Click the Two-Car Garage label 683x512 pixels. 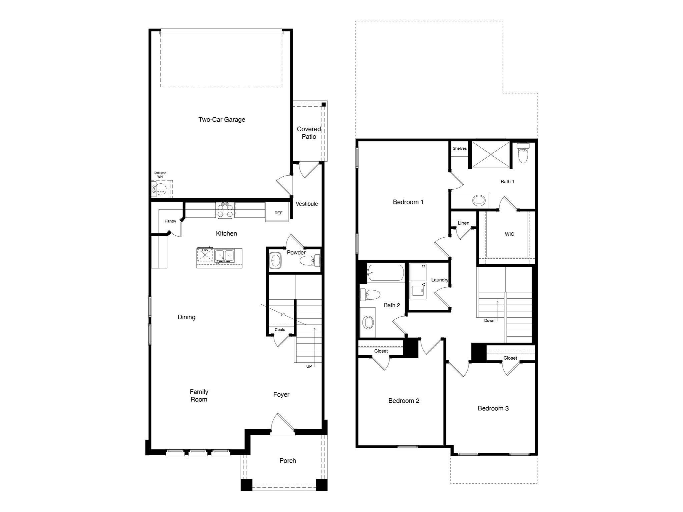click(222, 119)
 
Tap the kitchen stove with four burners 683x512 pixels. click(225, 210)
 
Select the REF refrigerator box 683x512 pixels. click(278, 213)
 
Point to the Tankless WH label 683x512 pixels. click(160, 175)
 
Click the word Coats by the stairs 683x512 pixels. click(280, 330)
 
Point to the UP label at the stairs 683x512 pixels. click(309, 366)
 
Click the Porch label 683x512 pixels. click(287, 461)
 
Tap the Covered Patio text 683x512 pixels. click(309, 133)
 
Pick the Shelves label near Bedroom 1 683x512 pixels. click(460, 148)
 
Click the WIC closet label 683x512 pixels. click(509, 234)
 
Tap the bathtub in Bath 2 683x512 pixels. click(386, 273)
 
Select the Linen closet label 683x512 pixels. click(464, 223)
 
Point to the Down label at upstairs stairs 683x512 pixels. click(489, 321)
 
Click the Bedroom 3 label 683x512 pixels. click(493, 408)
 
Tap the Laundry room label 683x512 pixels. click(440, 280)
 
